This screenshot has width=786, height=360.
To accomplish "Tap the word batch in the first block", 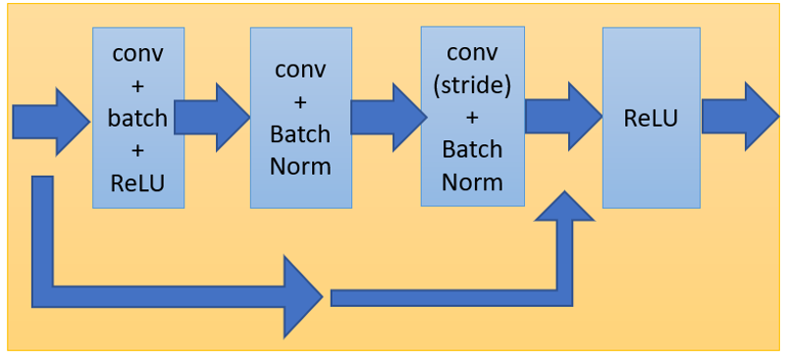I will pos(137,119).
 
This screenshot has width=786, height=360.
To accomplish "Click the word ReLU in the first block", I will pos(137,181).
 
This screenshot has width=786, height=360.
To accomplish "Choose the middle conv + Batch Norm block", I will pos(300,118).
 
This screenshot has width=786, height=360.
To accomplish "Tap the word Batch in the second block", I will pos(300,133).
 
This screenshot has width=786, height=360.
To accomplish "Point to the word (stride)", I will pos(472,85).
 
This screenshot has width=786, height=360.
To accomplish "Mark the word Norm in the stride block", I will pos(472,181).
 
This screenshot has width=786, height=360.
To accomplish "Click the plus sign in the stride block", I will pos(472,118).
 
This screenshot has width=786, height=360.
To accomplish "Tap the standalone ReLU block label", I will pos(651,118).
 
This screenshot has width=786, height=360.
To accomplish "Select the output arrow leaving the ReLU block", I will pos(741,116).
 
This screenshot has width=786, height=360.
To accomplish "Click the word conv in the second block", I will pos(300,70).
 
